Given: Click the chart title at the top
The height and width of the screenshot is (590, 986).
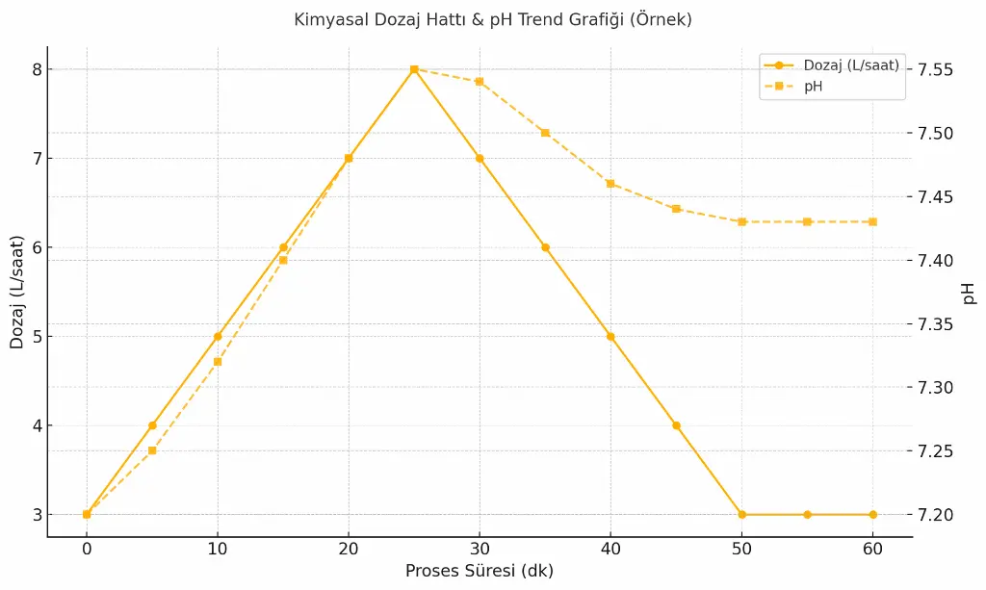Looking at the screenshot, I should pos(492,19).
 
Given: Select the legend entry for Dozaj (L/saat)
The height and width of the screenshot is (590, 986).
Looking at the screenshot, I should pos(851,65).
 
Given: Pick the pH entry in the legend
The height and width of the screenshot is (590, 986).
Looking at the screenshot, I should pos(814,87).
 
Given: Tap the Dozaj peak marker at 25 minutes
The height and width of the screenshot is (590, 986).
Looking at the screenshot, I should pos(414,69).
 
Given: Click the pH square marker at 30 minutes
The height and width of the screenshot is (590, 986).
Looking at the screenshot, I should pos(480,82).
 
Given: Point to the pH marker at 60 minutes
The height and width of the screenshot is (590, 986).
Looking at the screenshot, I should pos(872,222).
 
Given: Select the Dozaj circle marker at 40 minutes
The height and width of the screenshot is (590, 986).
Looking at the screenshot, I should pos(610,337).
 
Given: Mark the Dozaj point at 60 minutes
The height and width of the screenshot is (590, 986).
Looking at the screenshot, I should pos(872,515).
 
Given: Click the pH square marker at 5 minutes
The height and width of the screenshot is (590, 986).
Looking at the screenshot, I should pos(152,450).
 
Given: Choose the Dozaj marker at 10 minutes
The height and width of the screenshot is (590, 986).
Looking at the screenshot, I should pos(218,337).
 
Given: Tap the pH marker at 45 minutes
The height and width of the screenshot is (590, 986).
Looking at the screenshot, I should pos(676,209).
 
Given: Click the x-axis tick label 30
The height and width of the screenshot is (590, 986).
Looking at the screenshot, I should pos(480,549).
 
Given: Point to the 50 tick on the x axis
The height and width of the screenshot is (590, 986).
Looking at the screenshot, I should pos(741,549).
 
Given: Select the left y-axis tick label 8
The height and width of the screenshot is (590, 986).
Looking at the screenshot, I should pos(37,69).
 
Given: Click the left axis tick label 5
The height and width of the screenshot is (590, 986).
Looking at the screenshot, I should pos(37,337).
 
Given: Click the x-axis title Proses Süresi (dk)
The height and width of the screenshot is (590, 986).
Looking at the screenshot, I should pos(480,571).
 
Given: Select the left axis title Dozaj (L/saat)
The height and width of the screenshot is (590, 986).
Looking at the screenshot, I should pos(17,293).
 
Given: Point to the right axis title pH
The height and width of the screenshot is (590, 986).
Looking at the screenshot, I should pos(969,293).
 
